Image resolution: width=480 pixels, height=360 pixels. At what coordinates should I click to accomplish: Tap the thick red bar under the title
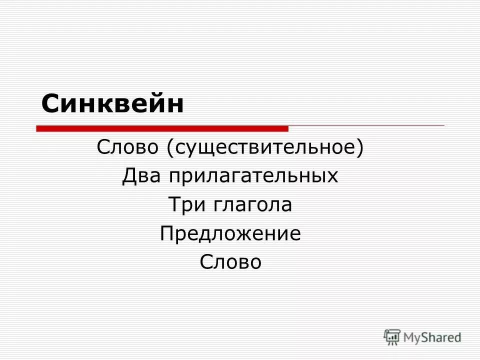(162, 128)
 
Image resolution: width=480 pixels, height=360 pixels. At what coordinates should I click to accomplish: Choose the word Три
(187, 205)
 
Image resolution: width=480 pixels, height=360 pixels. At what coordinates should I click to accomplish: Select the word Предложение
(230, 234)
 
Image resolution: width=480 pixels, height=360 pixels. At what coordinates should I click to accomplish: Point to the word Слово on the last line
(230, 262)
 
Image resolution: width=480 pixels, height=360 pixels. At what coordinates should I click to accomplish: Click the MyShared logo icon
(392, 336)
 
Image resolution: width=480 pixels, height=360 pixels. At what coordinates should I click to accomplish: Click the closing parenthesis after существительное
(359, 148)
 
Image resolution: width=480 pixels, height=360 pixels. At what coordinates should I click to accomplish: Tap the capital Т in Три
(173, 205)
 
